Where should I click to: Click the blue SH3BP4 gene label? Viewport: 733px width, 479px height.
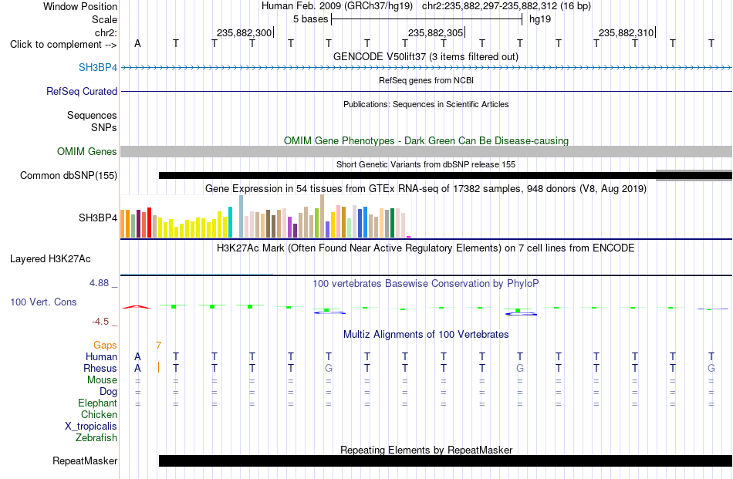[x=98, y=67]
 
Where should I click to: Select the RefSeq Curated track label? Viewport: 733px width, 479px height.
[x=81, y=91]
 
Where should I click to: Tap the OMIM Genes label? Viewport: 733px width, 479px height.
[x=87, y=151]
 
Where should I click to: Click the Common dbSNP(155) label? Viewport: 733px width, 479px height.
[x=69, y=175]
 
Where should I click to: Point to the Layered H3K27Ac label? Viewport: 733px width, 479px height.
[x=50, y=259]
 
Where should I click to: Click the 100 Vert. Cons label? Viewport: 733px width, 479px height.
[x=43, y=302]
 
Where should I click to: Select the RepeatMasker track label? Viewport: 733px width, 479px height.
[x=85, y=460]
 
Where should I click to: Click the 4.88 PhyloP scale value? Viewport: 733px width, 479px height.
[x=99, y=283]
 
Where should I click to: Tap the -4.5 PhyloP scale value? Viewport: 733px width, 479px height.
[x=100, y=322]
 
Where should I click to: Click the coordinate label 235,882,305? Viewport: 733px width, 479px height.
[x=435, y=32]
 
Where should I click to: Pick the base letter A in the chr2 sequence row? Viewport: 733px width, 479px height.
[x=137, y=43]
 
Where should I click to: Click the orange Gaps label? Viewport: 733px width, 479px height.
[x=105, y=345]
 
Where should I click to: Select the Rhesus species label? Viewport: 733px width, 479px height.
[x=100, y=368]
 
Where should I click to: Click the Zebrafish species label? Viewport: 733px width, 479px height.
[x=96, y=438]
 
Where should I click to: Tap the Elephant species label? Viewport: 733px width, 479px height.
[x=98, y=403]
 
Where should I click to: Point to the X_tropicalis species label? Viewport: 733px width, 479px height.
[x=91, y=427]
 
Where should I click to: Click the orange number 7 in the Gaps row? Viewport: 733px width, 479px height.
[x=159, y=346]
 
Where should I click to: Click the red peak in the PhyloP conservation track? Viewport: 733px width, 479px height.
[x=137, y=306]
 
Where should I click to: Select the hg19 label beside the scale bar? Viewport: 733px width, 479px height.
[x=540, y=19]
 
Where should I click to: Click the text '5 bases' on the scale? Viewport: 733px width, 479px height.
[x=310, y=19]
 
